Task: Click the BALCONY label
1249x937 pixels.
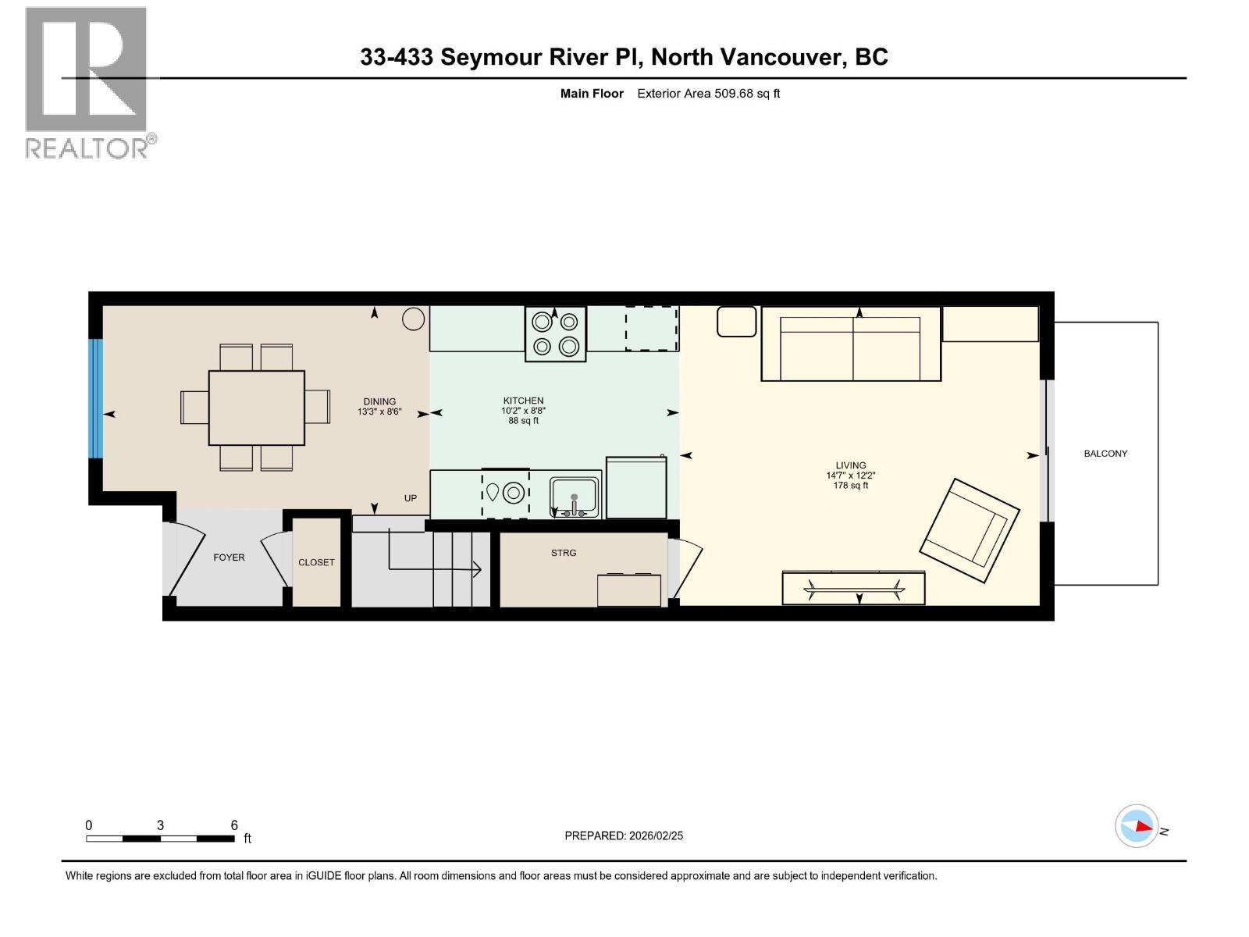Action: pyautogui.click(x=1105, y=454)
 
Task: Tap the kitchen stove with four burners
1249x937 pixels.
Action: pyautogui.click(x=555, y=334)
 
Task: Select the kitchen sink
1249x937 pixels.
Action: pyautogui.click(x=574, y=497)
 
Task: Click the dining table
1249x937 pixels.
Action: pyautogui.click(x=256, y=408)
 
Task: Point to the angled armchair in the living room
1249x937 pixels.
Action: pyautogui.click(x=970, y=530)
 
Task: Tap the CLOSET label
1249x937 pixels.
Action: pyautogui.click(x=316, y=562)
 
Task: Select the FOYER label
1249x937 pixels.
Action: pyautogui.click(x=229, y=558)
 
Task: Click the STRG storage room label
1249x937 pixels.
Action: pyautogui.click(x=564, y=553)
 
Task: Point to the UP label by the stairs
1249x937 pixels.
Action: pyautogui.click(x=411, y=498)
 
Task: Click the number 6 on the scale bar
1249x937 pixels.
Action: pyautogui.click(x=234, y=825)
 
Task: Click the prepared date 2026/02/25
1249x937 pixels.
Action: pyautogui.click(x=655, y=835)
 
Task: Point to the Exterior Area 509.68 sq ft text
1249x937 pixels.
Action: pyautogui.click(x=708, y=94)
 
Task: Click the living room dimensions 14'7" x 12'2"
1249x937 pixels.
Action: pyautogui.click(x=850, y=475)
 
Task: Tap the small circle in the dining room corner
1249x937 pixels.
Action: pyautogui.click(x=413, y=319)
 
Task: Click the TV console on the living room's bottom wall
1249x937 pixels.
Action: pyautogui.click(x=853, y=587)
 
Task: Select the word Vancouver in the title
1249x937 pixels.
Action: pyautogui.click(x=781, y=57)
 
